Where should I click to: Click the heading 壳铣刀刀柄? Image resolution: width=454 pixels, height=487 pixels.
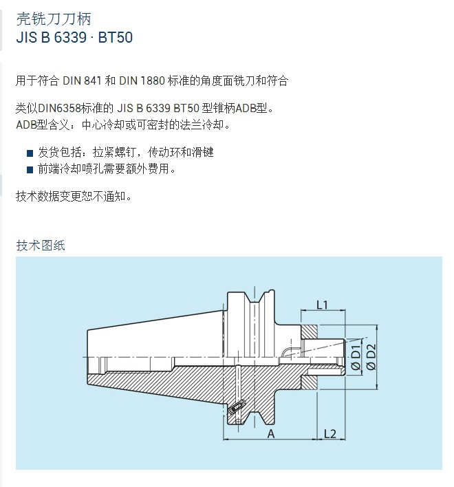pos(54,19)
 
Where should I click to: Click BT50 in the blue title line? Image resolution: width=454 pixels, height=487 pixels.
pos(116,38)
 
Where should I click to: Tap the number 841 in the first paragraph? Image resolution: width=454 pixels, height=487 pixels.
pos(93,80)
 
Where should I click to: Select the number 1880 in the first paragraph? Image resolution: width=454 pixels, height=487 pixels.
pos(153,80)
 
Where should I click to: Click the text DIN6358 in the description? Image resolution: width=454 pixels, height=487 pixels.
pos(59,109)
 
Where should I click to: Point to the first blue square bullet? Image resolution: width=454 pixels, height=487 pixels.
pos(30,153)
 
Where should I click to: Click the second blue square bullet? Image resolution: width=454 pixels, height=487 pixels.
pos(30,170)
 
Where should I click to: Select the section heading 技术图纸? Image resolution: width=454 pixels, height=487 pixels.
pos(41,246)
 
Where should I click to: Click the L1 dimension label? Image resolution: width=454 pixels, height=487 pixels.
pos(322,305)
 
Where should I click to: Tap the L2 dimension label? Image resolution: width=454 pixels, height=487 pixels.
pos(329,433)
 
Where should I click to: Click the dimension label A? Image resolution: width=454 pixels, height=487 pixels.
pos(271,434)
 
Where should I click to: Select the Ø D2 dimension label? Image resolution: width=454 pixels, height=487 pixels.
pos(371,357)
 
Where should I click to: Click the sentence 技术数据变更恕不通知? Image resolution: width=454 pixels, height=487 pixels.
pos(74,196)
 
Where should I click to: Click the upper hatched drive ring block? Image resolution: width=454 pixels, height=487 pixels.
pos(309,332)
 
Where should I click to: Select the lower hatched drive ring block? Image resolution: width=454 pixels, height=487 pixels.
pos(309,382)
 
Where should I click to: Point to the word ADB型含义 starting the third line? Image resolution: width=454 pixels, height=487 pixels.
pos(43,125)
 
